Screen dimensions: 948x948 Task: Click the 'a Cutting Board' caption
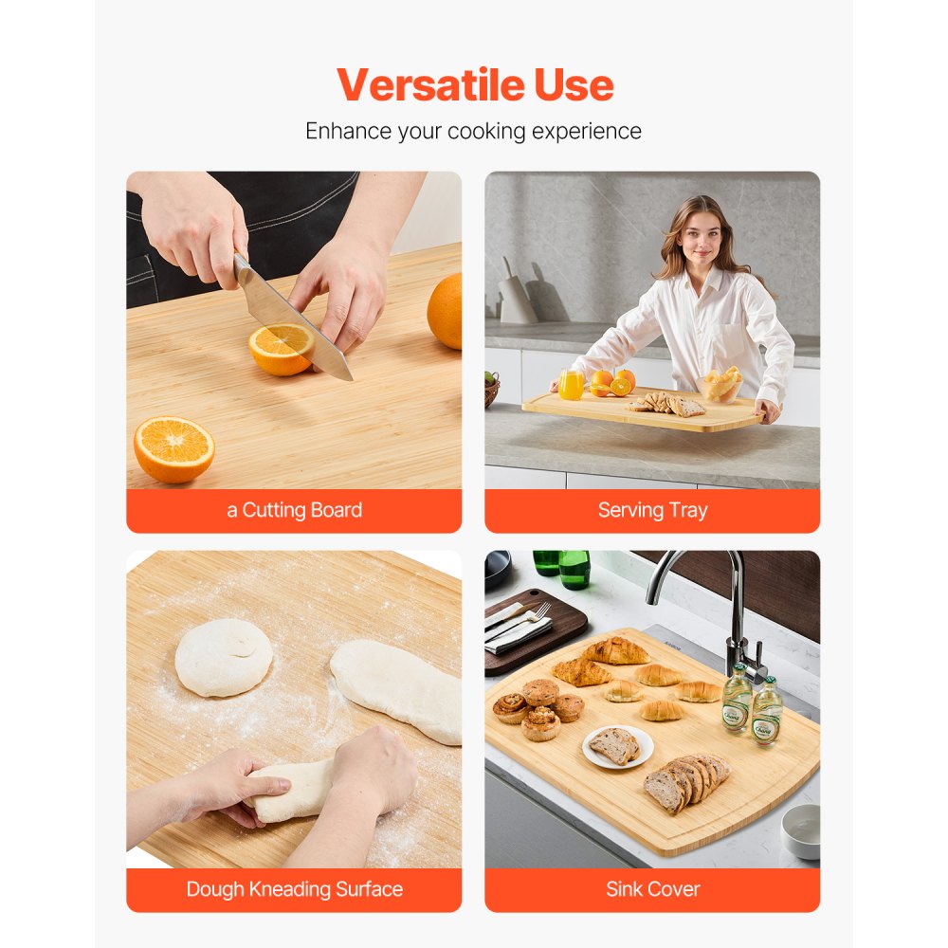[294, 510]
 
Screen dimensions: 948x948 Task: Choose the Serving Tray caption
[652, 510]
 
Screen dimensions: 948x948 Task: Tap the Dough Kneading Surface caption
[294, 889]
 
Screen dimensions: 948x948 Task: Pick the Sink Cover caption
[652, 889]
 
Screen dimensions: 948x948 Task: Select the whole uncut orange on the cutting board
[446, 310]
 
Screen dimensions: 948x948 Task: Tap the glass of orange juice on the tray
[571, 384]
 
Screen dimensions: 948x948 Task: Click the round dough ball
[224, 657]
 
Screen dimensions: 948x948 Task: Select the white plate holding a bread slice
[617, 746]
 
